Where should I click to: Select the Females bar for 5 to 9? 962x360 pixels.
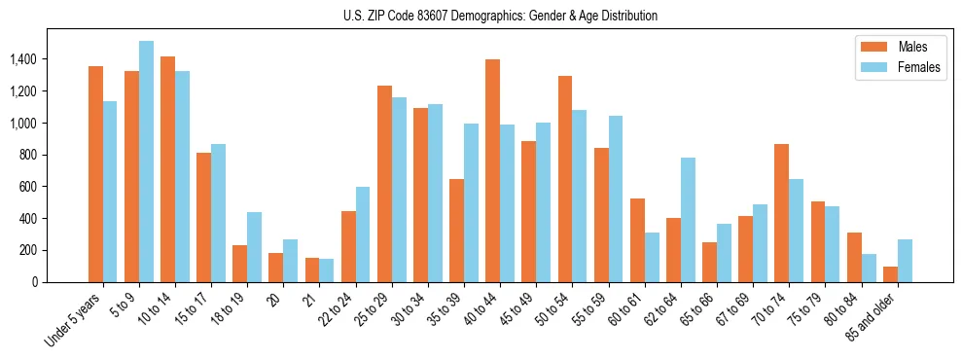click(x=146, y=162)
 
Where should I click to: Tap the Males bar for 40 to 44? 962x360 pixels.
click(x=492, y=170)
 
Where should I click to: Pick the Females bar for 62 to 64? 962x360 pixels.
click(x=688, y=220)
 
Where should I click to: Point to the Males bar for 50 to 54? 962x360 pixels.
click(x=565, y=179)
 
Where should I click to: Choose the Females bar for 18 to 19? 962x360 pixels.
click(x=254, y=247)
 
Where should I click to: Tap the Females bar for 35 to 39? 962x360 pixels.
click(x=471, y=202)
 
